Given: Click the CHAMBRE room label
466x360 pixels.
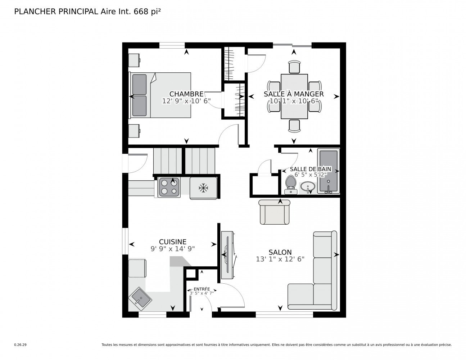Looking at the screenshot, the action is click(186, 94).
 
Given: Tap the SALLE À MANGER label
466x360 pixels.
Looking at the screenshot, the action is click(293, 94).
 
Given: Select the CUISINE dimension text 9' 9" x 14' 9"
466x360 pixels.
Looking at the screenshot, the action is click(173, 249).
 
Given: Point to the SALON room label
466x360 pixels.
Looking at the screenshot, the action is click(280, 252).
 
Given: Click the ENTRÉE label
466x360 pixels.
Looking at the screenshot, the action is click(202, 289).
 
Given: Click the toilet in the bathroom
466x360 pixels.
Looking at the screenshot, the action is click(290, 185).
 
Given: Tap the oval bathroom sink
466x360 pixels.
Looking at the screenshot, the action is click(308, 186).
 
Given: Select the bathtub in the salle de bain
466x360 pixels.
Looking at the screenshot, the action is click(329, 171).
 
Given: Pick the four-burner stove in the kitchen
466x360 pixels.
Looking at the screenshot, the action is click(169, 187).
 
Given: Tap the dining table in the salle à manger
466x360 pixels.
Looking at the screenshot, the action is click(294, 96).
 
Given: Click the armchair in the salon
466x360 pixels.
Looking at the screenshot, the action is click(274, 212).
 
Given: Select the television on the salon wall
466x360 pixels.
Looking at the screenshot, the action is click(228, 255).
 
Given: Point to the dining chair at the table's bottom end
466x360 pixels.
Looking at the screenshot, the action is click(294, 126).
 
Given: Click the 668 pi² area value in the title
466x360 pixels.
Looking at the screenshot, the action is click(147, 12).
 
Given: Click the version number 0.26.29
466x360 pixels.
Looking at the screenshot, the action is click(21, 345).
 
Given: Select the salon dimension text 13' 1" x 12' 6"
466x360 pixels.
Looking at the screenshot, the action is click(280, 259).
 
